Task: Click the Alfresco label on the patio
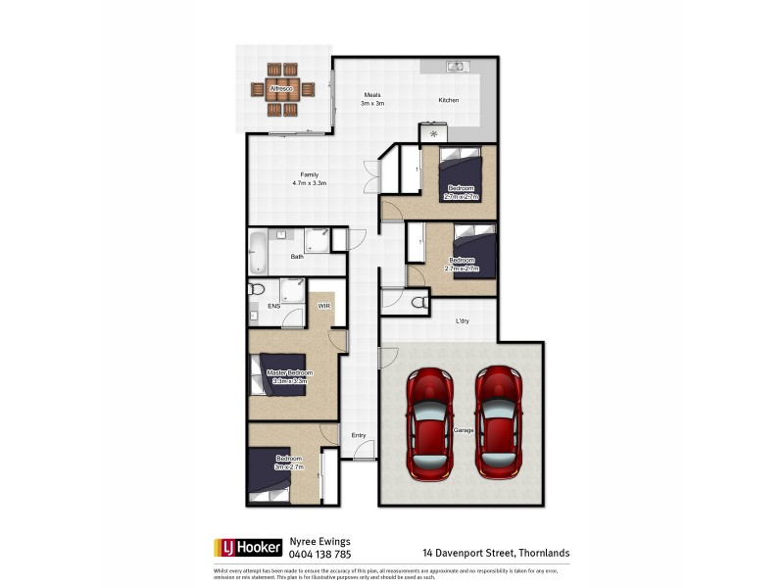pos(281,90)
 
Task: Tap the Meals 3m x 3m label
pos(371,99)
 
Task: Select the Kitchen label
pos(448,101)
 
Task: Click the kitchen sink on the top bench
pos(456,67)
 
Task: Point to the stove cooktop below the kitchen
pos(433,133)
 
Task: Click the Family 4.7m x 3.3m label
pos(309,178)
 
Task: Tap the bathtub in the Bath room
pos(257,251)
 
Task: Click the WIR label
pos(323,307)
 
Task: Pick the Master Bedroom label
pos(289,377)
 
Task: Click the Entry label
pos(359,435)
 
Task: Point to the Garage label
pos(464,430)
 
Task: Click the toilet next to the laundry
pos(419,301)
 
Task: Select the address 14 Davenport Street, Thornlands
pos(495,553)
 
